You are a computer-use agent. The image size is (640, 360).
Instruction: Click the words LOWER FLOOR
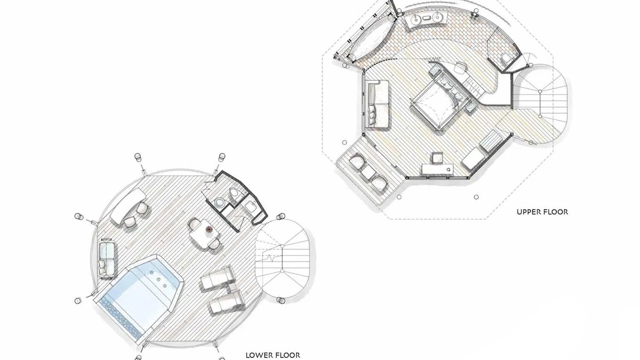[x=272, y=355]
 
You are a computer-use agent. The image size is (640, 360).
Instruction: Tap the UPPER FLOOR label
[x=542, y=212]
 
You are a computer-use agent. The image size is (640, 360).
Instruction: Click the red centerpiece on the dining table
[x=209, y=229]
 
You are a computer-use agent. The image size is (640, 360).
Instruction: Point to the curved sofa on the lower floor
[x=128, y=205]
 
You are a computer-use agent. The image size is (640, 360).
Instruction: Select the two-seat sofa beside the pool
[x=107, y=257]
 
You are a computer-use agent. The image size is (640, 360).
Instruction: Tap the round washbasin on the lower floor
[x=219, y=202]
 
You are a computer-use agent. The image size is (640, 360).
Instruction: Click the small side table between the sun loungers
[x=232, y=288]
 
